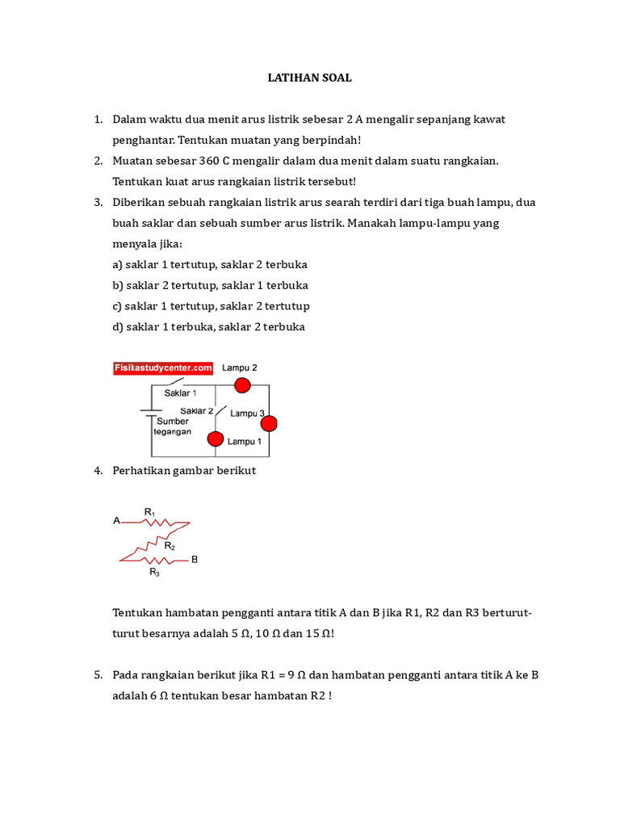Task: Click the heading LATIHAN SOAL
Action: pyautogui.click(x=310, y=78)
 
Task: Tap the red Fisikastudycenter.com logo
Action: pyautogui.click(x=162, y=368)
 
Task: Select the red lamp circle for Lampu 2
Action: pyautogui.click(x=241, y=386)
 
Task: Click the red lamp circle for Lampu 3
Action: pyautogui.click(x=269, y=423)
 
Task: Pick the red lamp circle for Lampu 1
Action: pyautogui.click(x=215, y=439)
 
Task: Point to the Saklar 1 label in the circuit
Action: pyautogui.click(x=180, y=393)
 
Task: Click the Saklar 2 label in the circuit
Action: pyautogui.click(x=196, y=410)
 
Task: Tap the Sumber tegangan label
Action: pyautogui.click(x=173, y=426)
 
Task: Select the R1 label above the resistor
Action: pyautogui.click(x=149, y=511)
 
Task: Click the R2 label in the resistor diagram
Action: pyautogui.click(x=170, y=546)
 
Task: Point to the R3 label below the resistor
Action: pyautogui.click(x=154, y=572)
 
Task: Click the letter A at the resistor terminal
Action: pyautogui.click(x=116, y=521)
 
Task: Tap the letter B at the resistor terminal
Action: pyautogui.click(x=194, y=559)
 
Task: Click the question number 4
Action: pyautogui.click(x=97, y=470)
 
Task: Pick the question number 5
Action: pyautogui.click(x=97, y=674)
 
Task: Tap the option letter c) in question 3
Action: pyautogui.click(x=118, y=306)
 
